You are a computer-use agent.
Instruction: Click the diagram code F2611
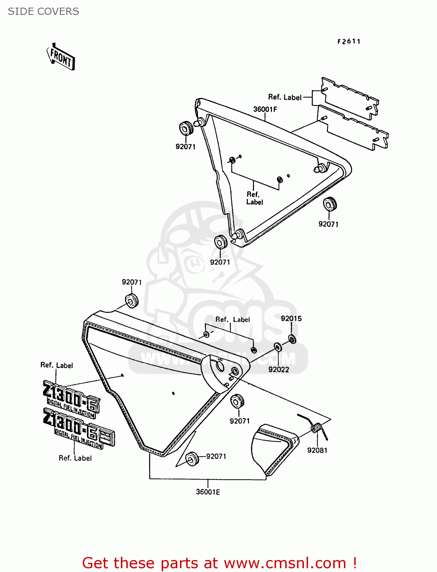349,42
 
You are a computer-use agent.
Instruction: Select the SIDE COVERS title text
43,11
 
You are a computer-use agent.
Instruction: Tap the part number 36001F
265,109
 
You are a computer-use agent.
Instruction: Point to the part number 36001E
208,492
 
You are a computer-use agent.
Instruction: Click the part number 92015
291,318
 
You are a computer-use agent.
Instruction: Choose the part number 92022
279,369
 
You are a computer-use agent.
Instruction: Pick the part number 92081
317,450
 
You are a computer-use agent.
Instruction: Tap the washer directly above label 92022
278,347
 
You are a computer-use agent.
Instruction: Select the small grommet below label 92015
292,339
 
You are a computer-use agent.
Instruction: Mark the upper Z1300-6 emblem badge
71,398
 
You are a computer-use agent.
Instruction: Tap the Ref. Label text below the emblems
75,458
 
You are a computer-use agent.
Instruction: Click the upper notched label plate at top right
350,98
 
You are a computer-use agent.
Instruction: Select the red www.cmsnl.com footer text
219,563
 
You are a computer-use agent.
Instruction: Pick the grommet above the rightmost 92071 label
329,204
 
